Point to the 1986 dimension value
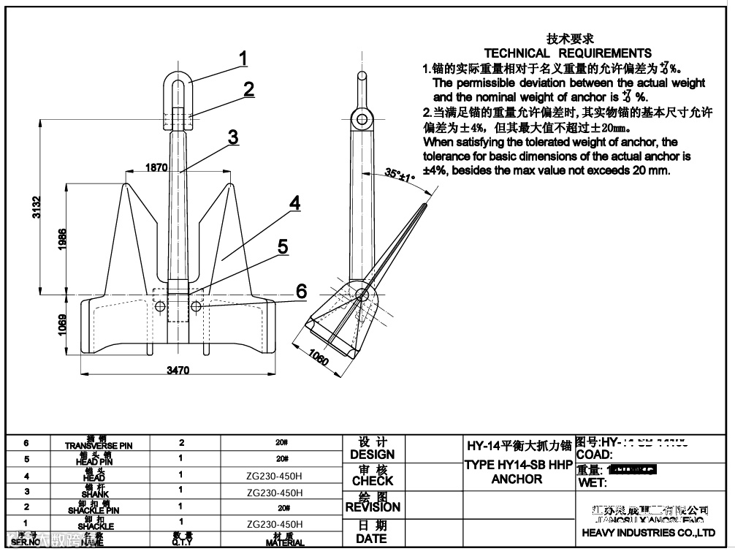pyautogui.click(x=63, y=240)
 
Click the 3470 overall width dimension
pyautogui.click(x=178, y=371)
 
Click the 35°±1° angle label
pyautogui.click(x=400, y=175)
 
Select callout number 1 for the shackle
pyautogui.click(x=243, y=58)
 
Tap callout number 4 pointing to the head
pyautogui.click(x=294, y=203)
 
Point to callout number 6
pyautogui.click(x=300, y=291)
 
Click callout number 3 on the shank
pyautogui.click(x=232, y=136)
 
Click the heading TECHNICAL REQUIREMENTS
pyautogui.click(x=568, y=53)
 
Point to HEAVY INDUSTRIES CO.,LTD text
pyautogui.click(x=648, y=533)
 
